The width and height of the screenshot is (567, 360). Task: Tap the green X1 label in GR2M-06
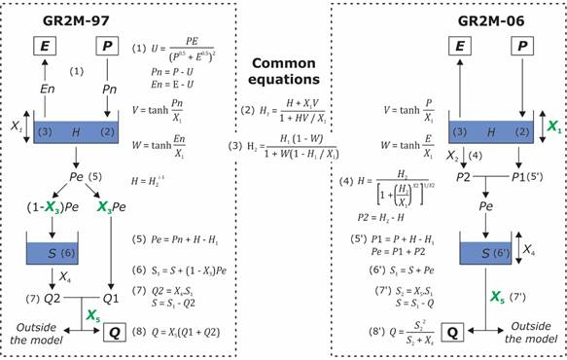point(554,126)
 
